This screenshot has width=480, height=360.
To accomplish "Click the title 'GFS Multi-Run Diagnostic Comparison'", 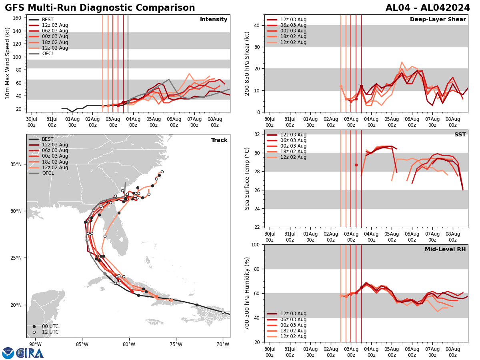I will pyautogui.click(x=100, y=8).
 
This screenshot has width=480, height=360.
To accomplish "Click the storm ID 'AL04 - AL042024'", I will pyautogui.click(x=428, y=8).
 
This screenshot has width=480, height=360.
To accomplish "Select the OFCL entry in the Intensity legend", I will pyautogui.click(x=48, y=54).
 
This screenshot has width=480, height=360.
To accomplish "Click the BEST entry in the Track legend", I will pyautogui.click(x=48, y=139).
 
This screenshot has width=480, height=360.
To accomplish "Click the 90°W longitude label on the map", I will pyautogui.click(x=35, y=344).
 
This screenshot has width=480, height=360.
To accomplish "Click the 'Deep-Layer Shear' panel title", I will pyautogui.click(x=438, y=20).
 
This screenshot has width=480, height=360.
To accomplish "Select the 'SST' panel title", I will pyautogui.click(x=460, y=135).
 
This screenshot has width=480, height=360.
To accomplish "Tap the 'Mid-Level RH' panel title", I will pyautogui.click(x=445, y=250).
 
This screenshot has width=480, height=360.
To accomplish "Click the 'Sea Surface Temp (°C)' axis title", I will pyautogui.click(x=247, y=178).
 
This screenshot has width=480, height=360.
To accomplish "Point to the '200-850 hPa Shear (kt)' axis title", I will pyautogui.click(x=247, y=63).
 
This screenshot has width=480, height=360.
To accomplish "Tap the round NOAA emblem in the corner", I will pyautogui.click(x=8, y=353).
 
